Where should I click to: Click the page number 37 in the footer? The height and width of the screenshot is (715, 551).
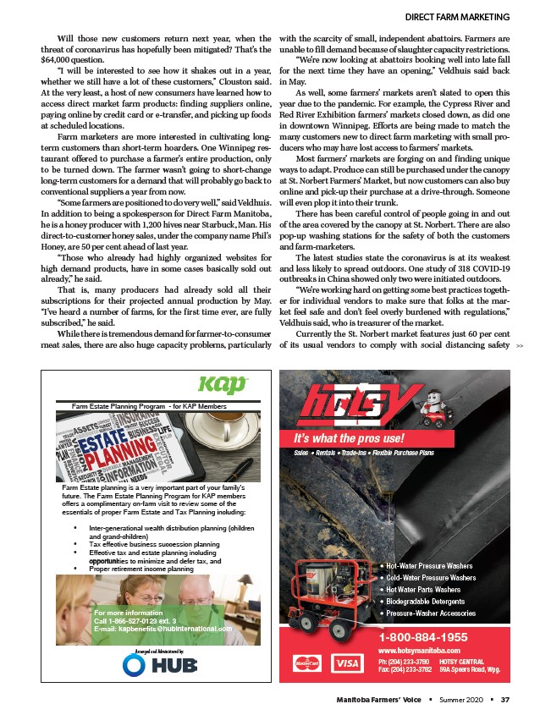504,698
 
